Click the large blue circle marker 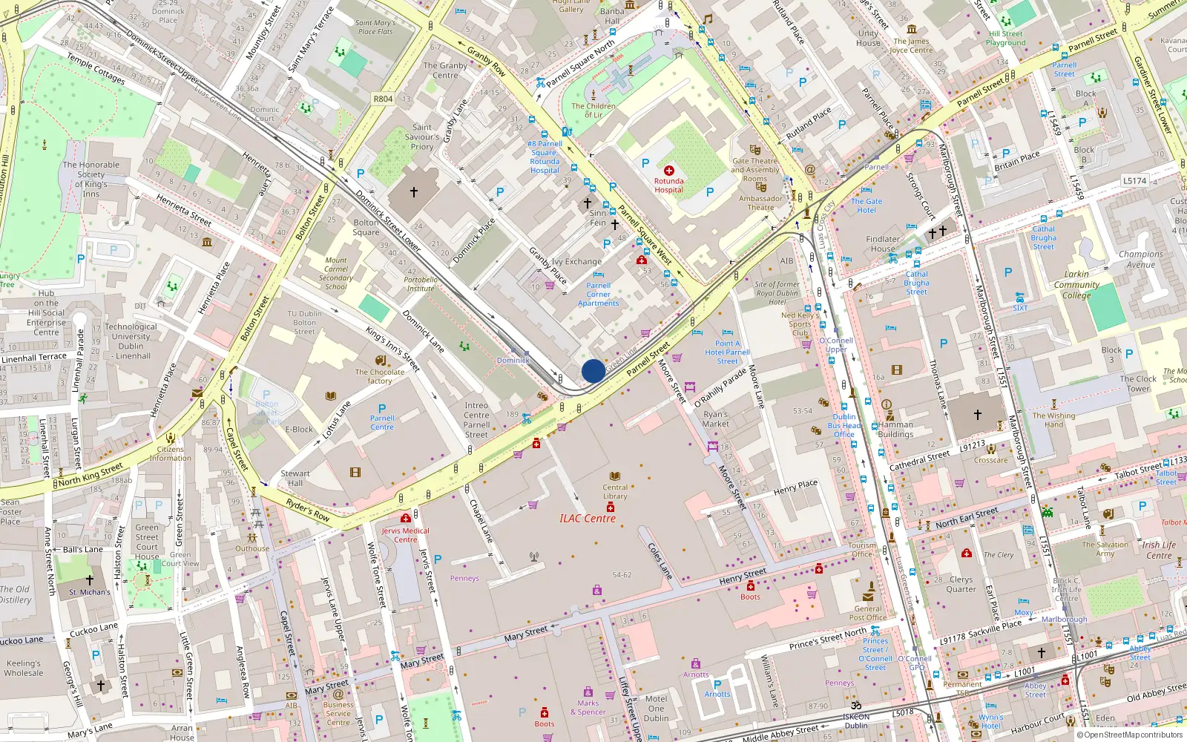593,371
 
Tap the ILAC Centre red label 587,519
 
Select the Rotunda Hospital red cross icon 668,171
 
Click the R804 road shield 383,99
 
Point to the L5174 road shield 1134,180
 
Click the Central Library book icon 614,476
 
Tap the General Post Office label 868,613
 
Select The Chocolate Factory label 380,376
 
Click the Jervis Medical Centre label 405,535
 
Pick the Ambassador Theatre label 760,203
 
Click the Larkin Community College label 1076,284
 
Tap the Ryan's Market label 716,419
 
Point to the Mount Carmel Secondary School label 335,274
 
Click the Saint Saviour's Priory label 422,137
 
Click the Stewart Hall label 295,478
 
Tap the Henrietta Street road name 184,211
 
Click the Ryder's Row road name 308,510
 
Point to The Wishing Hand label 1053,420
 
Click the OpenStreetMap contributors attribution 1131,735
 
